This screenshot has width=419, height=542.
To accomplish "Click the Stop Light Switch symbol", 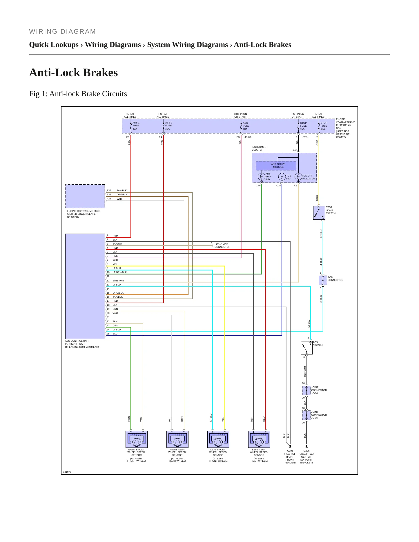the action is [319, 213].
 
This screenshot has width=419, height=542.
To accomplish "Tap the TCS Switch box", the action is [307, 348].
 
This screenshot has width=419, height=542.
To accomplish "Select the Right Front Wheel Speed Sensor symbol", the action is [137, 439].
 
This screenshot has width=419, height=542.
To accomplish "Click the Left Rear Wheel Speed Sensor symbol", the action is [259, 439].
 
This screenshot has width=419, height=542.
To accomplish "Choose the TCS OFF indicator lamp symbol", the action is [298, 177].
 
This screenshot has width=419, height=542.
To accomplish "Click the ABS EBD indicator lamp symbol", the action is [261, 177].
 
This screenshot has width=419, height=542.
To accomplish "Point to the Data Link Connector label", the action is [222, 245].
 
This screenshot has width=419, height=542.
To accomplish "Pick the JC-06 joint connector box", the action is [306, 390].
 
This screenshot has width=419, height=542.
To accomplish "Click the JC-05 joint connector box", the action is [306, 415].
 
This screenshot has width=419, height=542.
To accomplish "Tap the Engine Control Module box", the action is [85, 196].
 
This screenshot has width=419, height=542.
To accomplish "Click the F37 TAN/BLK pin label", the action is [117, 190].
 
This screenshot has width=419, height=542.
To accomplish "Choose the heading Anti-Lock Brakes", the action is [74, 72].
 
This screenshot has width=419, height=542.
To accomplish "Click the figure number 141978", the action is [67, 472].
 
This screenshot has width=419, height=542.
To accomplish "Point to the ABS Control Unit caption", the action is [82, 344].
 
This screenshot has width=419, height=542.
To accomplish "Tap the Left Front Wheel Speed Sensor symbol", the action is [218, 439].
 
